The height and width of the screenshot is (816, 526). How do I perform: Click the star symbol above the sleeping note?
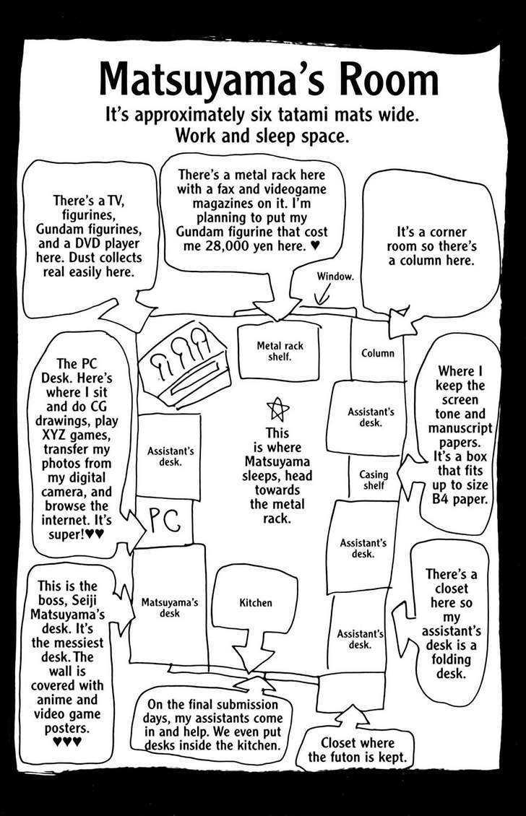tap(277, 409)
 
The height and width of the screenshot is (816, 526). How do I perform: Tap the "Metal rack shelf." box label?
tap(280, 352)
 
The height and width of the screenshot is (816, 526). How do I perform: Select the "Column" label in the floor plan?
tap(377, 353)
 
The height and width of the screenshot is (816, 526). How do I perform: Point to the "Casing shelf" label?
tap(374, 480)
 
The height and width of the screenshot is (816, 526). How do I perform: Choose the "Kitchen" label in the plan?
tap(256, 602)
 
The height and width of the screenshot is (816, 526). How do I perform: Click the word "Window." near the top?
tap(335, 277)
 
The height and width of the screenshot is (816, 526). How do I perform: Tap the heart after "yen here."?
tap(314, 246)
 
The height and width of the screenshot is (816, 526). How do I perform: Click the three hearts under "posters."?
tap(67, 742)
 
